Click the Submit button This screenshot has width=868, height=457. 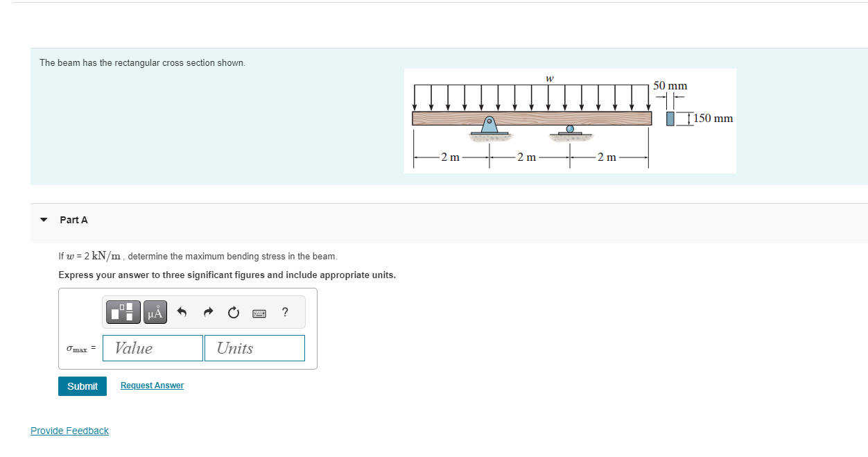(83, 386)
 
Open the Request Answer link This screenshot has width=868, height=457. (152, 386)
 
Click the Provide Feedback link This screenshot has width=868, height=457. (69, 431)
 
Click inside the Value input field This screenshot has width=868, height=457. (153, 348)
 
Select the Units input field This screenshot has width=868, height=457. (254, 348)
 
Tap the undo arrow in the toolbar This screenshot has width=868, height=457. (182, 313)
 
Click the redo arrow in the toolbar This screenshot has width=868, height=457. (208, 313)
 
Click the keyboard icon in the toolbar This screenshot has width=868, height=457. (259, 313)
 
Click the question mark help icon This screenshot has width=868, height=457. (285, 312)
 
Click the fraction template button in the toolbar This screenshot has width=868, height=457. (123, 313)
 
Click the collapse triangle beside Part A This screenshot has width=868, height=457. (44, 220)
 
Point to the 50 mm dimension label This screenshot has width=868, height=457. (670, 86)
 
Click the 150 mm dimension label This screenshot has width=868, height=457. (713, 119)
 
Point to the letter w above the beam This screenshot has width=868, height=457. (549, 78)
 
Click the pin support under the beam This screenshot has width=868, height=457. (489, 126)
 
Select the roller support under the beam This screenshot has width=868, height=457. (570, 130)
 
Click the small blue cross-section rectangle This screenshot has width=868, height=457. (670, 119)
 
